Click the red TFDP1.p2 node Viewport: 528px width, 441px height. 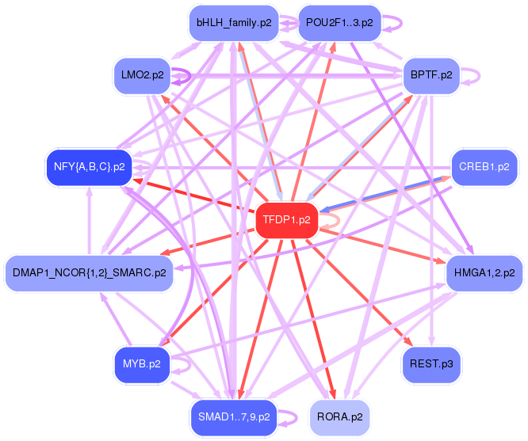287,220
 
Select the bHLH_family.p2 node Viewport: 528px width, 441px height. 234,23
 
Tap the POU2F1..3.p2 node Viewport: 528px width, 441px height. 339,23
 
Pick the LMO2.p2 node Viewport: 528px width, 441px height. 143,75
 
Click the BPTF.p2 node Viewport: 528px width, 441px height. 431,75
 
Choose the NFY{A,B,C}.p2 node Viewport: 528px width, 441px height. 90,167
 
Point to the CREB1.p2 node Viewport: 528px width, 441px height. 484,167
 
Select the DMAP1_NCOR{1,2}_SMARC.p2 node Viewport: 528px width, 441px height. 90,273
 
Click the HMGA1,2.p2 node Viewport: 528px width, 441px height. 484,273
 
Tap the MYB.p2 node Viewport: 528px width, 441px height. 142,365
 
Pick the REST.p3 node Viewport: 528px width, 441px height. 431,365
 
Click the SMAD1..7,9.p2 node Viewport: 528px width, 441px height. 234,417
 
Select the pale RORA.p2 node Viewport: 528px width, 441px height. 339,417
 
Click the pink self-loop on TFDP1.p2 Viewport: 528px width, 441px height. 338,221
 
